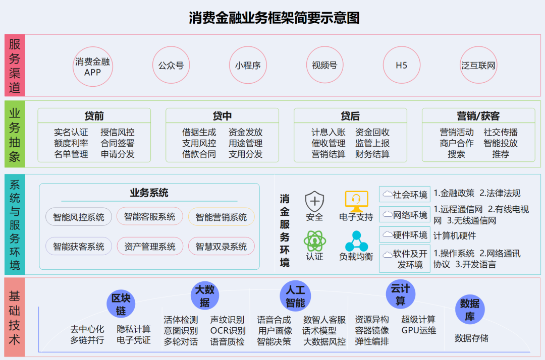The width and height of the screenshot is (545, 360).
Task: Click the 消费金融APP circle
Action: pos(92,66)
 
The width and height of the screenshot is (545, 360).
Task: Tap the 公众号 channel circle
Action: pos(171,66)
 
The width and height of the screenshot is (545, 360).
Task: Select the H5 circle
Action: pos(401,66)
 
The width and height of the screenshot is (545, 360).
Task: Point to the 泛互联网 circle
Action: pos(478,66)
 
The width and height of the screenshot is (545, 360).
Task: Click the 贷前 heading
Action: pos(94,116)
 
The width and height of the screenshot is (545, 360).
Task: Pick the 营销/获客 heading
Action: pos(478,116)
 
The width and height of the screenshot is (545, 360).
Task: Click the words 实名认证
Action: pos(71,133)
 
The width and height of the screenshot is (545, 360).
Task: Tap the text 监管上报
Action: pos(372,143)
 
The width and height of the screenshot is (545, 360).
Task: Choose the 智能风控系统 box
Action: pos(79,217)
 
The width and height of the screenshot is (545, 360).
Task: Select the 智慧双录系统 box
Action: pos(221,247)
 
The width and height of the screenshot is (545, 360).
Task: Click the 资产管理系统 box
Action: pos(150,247)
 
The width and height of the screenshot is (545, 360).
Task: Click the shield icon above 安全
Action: pos(314,202)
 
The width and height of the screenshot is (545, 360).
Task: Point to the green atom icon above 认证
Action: pos(314,241)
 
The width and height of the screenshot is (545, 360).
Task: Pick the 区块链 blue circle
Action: pos(121,304)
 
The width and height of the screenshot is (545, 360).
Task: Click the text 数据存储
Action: pos(471,338)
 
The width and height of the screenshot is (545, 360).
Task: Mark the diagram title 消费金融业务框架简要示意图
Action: pos(274,19)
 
